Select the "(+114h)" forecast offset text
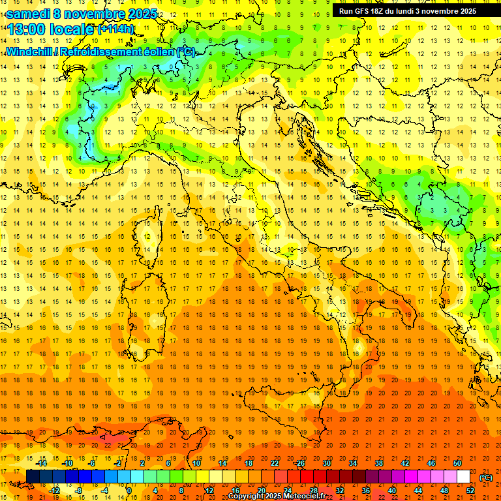pos(115,29)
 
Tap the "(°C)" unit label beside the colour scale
pos(486,478)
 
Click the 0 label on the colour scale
pos(129,490)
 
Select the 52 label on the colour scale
pos(470,490)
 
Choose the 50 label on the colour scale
pos(457,463)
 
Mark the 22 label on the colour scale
pos(275,463)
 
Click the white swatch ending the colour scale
pos(463,476)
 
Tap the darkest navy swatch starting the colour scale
pos(33,476)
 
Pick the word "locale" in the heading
pos(73,29)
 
